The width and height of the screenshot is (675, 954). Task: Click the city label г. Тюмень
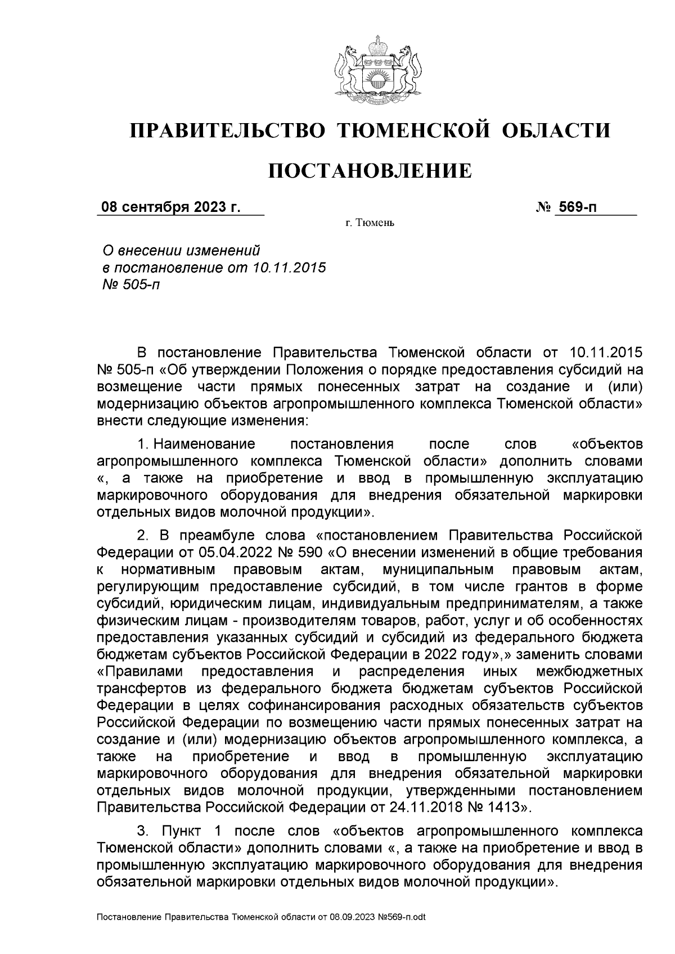371,224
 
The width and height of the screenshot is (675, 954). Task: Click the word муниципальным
438,569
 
